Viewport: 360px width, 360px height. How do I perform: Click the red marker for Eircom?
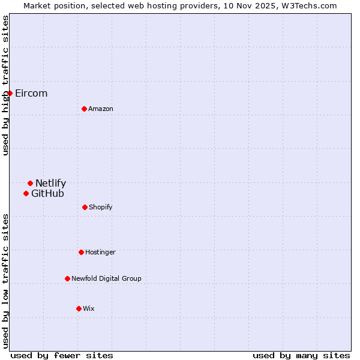coord(10,93)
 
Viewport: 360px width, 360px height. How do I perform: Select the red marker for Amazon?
coord(85,109)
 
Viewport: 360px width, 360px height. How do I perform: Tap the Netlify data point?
coord(30,183)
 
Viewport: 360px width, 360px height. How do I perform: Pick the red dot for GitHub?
coord(26,193)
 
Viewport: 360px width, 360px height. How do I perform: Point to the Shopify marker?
coord(85,207)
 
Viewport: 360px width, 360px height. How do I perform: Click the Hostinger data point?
coord(81,252)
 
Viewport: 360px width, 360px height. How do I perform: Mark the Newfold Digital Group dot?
coord(67,278)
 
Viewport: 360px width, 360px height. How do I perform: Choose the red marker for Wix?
coord(79,308)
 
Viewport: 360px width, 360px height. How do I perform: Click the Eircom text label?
coord(31,93)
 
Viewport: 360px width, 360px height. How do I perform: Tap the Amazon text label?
coord(101,109)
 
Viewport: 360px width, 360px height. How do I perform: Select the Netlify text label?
coord(51,183)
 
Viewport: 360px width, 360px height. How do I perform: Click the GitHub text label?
coord(48,193)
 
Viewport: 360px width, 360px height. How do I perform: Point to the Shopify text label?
coord(101,207)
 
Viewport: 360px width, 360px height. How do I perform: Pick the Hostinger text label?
coord(100,252)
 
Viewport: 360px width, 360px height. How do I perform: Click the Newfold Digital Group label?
coord(107,278)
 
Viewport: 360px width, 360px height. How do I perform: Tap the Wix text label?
coord(89,308)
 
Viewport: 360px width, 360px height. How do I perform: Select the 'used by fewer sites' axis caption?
coord(62,355)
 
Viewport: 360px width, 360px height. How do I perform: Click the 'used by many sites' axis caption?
coord(301,355)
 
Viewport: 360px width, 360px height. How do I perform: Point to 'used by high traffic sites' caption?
coord(5,85)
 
